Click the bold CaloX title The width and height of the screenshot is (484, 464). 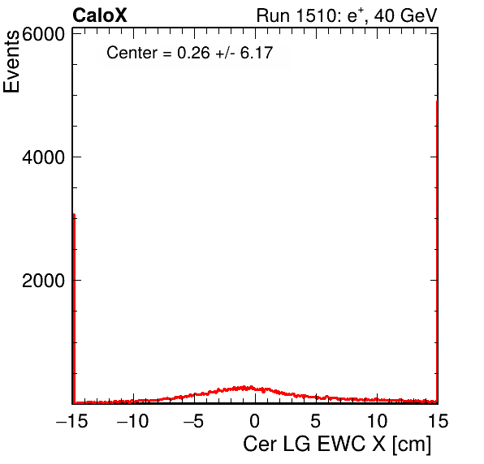(x=100, y=15)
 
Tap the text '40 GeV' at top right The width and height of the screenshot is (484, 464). (x=405, y=15)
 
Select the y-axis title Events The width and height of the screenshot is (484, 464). (x=11, y=62)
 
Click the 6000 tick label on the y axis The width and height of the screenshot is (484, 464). (x=43, y=35)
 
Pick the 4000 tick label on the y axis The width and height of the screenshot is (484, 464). (x=43, y=157)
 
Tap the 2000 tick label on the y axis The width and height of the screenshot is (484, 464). (x=43, y=281)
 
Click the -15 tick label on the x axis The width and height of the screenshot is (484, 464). (x=72, y=421)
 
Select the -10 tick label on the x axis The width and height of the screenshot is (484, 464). (x=132, y=421)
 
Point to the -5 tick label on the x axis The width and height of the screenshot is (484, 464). (x=193, y=421)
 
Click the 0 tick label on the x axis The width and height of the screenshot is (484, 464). (x=255, y=421)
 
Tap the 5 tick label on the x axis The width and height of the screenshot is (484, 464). (x=315, y=421)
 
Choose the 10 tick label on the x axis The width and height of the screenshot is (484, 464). (x=377, y=421)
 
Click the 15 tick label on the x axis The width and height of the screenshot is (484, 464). (x=438, y=421)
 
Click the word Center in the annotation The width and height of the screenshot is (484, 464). (x=132, y=53)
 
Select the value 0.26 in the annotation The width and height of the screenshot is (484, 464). (x=193, y=53)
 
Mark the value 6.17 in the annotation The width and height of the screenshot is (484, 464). (x=257, y=53)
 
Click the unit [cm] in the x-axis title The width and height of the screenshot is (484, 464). (x=412, y=445)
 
